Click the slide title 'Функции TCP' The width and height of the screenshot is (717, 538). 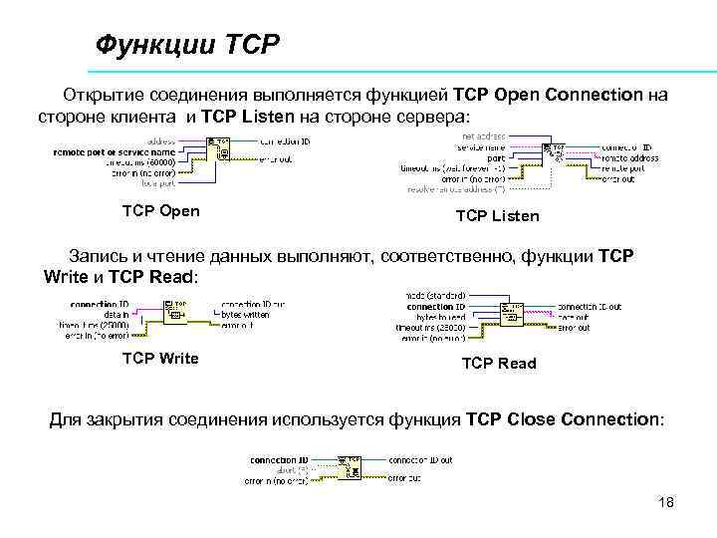coord(188,45)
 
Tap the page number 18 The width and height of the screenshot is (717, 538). coord(666,502)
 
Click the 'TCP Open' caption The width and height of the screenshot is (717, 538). coord(160,210)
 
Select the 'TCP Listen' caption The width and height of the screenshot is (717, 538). coord(497,215)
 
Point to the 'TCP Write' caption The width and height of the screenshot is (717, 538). coord(159,358)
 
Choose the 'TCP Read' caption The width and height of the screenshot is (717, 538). coord(498,364)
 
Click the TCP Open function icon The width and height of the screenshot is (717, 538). coord(220,148)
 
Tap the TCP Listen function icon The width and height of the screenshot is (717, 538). coord(554,153)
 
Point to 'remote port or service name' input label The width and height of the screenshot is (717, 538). coord(120,150)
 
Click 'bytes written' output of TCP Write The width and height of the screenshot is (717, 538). coord(245,314)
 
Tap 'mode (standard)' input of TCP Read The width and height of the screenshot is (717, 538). coord(437,296)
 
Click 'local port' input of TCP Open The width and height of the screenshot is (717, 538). coord(159,182)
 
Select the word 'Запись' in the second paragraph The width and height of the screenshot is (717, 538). coord(96,257)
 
